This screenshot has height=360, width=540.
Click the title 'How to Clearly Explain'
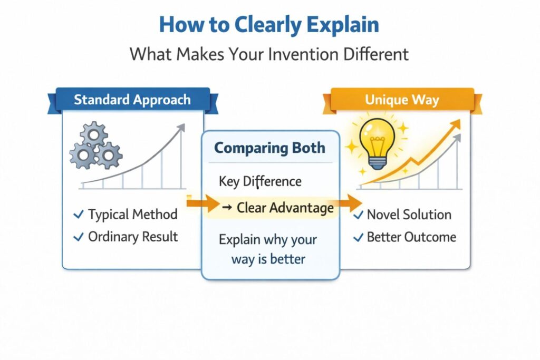coord(269,25)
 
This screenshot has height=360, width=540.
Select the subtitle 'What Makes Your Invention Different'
coord(269,54)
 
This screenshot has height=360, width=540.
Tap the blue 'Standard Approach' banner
coord(132,100)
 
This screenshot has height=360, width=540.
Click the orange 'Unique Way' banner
coord(402,100)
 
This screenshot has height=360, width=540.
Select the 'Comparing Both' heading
coord(269,148)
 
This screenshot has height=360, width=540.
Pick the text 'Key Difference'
coord(260,181)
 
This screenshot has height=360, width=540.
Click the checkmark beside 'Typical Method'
coord(79,215)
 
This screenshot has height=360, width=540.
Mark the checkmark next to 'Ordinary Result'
coord(79,237)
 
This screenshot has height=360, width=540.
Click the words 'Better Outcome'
coord(411,237)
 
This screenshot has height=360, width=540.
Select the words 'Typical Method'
coord(132,215)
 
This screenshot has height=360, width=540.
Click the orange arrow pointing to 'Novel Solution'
coord(350,203)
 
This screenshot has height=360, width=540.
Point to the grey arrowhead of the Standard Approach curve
coord(181,128)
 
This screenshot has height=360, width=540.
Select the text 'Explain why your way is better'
coord(268,249)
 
